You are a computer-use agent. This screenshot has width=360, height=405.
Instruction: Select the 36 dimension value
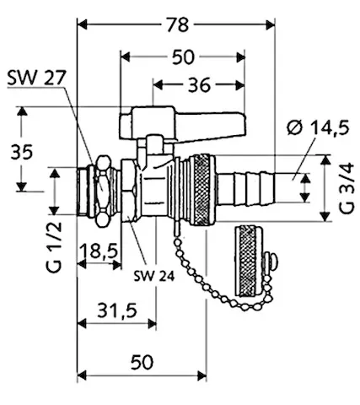click(199, 84)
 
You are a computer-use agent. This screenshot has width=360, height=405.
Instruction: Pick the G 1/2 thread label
click(52, 245)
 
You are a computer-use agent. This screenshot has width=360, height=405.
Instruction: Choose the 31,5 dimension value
click(116, 310)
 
